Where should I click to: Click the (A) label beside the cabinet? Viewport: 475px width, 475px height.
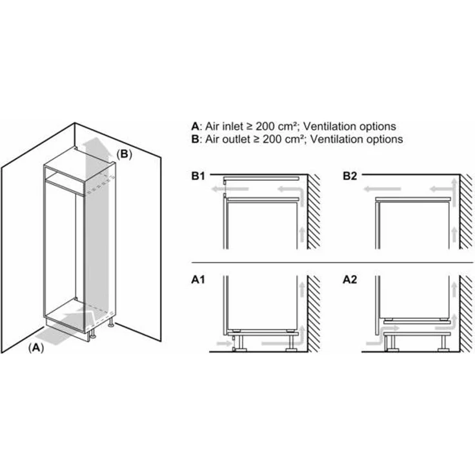pyautogui.click(x=37, y=347)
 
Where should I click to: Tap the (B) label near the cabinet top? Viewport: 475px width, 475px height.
pyautogui.click(x=125, y=154)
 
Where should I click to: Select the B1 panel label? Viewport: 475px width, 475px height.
pyautogui.click(x=198, y=176)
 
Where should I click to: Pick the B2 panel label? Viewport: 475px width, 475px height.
pyautogui.click(x=350, y=176)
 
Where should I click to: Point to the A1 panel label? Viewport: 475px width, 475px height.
pyautogui.click(x=198, y=281)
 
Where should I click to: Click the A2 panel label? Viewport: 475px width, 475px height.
pyautogui.click(x=350, y=281)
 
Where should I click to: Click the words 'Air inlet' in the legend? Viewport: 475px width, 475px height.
pyautogui.click(x=226, y=126)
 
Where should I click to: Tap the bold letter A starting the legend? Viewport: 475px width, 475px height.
pyautogui.click(x=195, y=126)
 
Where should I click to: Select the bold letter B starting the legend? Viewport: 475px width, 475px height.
pyautogui.click(x=195, y=139)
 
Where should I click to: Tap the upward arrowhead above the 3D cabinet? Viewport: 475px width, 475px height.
pyautogui.click(x=94, y=141)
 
